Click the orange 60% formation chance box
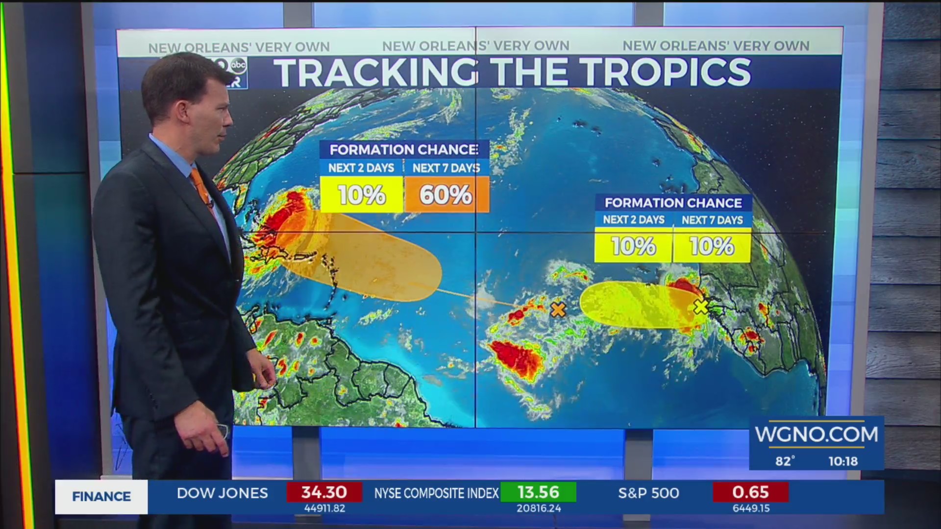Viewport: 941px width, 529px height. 446,195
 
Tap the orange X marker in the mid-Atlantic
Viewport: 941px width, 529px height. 558,310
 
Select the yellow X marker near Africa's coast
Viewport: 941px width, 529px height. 701,307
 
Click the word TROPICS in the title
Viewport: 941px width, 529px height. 668,72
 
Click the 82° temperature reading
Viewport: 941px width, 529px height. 785,461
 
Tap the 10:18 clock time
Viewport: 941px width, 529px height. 843,461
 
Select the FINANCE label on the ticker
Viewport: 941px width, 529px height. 101,497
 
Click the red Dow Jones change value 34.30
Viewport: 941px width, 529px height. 324,492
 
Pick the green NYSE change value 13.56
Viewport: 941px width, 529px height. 538,492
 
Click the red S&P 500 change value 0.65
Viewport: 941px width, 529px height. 750,492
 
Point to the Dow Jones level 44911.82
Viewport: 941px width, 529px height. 324,508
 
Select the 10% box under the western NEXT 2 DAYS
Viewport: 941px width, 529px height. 361,195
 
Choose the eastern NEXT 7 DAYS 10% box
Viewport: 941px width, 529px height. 712,246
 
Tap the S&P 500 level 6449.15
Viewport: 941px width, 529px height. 751,508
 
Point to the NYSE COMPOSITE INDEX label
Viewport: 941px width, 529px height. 436,493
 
